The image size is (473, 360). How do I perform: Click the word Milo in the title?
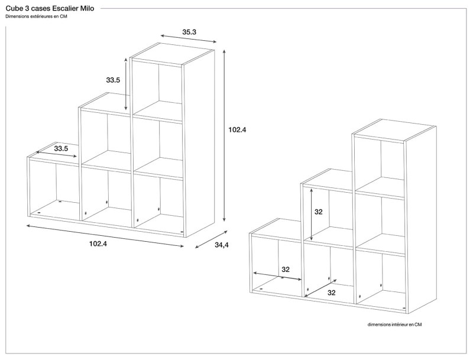pyautogui.click(x=86, y=9)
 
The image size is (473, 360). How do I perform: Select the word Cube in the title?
pyautogui.click(x=14, y=9)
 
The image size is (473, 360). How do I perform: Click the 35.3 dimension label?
pyautogui.click(x=189, y=32)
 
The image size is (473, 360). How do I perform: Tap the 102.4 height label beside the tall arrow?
pyautogui.click(x=237, y=129)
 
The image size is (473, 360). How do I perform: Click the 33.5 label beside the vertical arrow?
pyautogui.click(x=114, y=80)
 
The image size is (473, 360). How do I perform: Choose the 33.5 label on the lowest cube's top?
pyautogui.click(x=61, y=148)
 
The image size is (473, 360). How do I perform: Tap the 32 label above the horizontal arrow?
pyautogui.click(x=286, y=270)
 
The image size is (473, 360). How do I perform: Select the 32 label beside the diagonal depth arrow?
pyautogui.click(x=332, y=293)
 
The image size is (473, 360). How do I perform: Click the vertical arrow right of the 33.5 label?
pyautogui.click(x=126, y=85)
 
